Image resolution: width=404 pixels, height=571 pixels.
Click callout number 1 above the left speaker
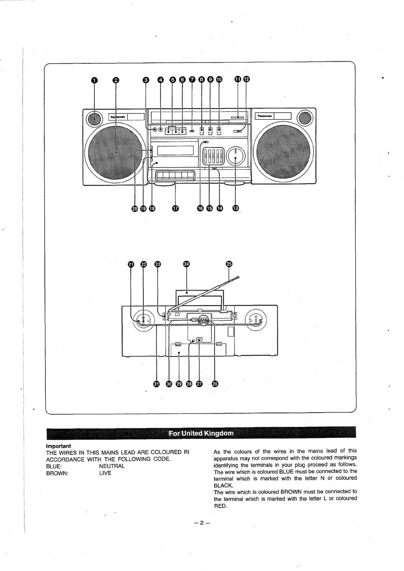[x=94, y=80]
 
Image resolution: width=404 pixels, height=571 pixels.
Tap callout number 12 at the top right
[x=246, y=79]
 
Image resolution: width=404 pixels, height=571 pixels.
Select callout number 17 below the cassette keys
[x=175, y=208]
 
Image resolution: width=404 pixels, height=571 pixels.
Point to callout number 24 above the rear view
[x=187, y=265]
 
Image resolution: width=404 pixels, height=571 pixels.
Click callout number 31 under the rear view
[x=156, y=384]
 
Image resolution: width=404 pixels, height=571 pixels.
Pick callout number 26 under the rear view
[x=215, y=384]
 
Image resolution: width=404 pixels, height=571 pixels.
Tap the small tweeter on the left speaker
[x=94, y=119]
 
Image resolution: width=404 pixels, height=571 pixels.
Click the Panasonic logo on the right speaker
[x=264, y=116]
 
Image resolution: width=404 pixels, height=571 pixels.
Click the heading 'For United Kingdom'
[x=201, y=433]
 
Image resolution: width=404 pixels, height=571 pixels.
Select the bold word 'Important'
[x=59, y=446]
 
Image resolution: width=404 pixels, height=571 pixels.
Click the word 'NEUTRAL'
[x=112, y=466]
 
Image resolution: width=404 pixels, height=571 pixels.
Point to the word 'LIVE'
[x=105, y=473]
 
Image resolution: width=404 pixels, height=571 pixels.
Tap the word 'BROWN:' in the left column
[x=57, y=473]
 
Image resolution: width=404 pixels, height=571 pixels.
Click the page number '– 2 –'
[x=201, y=523]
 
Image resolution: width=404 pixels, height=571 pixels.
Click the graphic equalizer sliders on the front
[x=213, y=156]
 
